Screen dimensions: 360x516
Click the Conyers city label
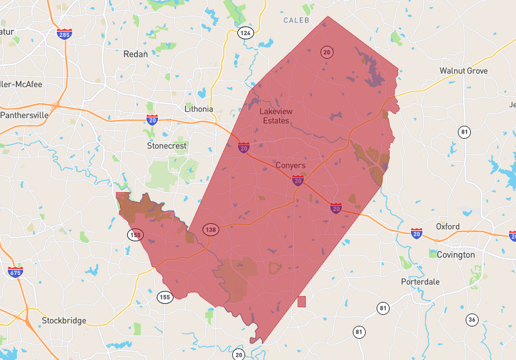tap(290, 166)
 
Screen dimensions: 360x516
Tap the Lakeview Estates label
tap(276, 116)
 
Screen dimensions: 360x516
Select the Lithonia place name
tap(199, 109)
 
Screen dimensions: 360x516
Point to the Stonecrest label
tap(167, 146)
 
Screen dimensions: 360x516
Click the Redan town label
tap(136, 54)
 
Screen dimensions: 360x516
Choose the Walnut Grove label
tap(463, 70)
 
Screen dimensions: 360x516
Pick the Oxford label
tap(448, 226)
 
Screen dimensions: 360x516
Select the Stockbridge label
tap(64, 320)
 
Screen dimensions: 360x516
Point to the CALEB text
tap(297, 21)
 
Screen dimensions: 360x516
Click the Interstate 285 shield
tap(64, 34)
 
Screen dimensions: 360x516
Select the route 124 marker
tap(244, 32)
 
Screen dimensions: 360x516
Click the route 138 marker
tap(210, 230)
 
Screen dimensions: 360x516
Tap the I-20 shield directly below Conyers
tap(297, 181)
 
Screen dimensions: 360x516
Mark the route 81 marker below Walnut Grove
tap(464, 132)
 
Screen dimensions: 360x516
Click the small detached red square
tap(301, 301)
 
